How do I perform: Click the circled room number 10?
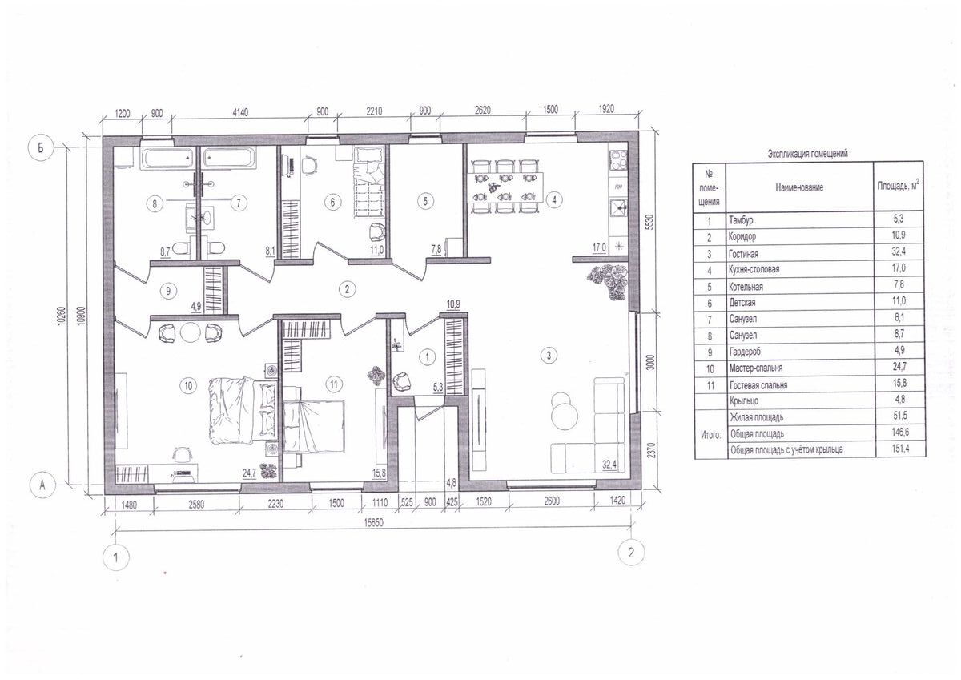click(188, 386)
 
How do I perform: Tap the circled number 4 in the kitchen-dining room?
click(554, 199)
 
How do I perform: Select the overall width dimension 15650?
click(374, 523)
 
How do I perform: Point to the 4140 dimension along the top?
click(240, 112)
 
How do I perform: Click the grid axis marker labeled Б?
click(41, 148)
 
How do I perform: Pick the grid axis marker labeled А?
click(42, 485)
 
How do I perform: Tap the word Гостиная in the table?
click(743, 254)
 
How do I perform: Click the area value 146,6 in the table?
click(899, 432)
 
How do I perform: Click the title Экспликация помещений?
click(808, 154)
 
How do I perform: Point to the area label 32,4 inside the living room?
click(609, 465)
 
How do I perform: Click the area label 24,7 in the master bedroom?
click(249, 473)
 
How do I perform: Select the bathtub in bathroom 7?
click(230, 159)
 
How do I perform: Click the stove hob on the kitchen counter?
click(618, 161)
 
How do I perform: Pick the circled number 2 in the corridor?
click(347, 289)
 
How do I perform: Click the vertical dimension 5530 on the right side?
click(651, 222)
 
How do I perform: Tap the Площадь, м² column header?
click(898, 185)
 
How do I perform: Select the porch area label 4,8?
click(451, 482)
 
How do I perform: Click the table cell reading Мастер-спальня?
click(756, 368)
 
